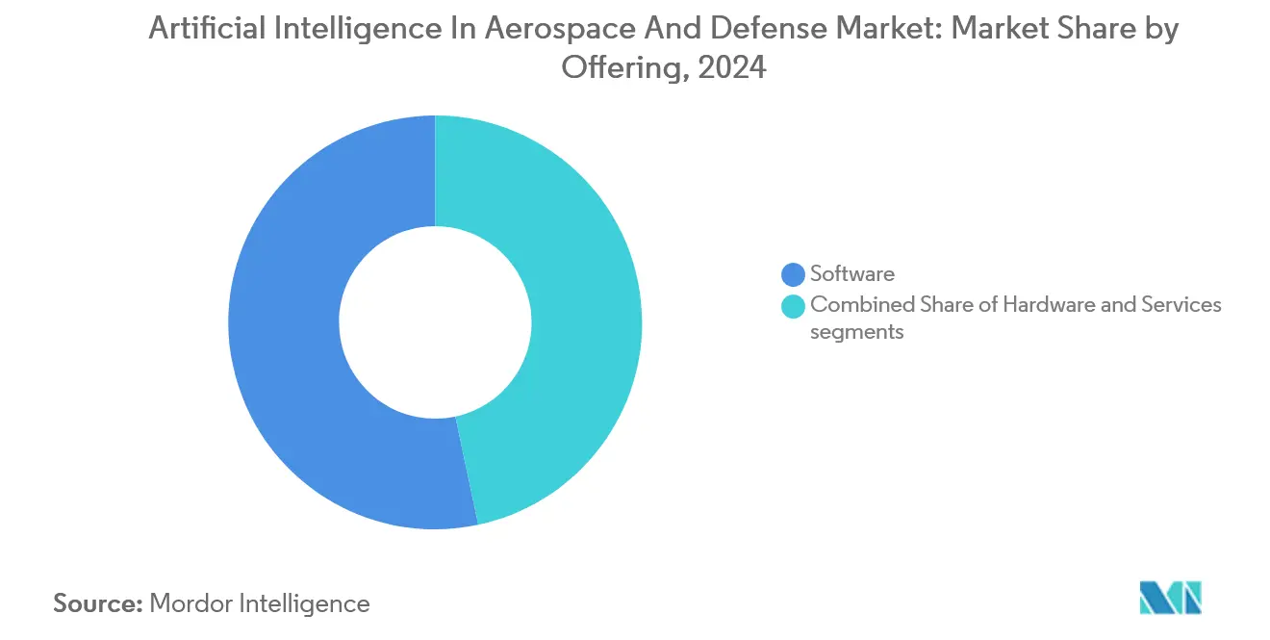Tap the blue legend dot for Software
794,274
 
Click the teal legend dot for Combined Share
794,306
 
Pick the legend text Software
851,274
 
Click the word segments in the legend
856,333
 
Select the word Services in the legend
1181,305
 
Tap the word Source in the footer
95,603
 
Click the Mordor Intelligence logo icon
1170,597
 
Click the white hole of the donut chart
435,322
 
